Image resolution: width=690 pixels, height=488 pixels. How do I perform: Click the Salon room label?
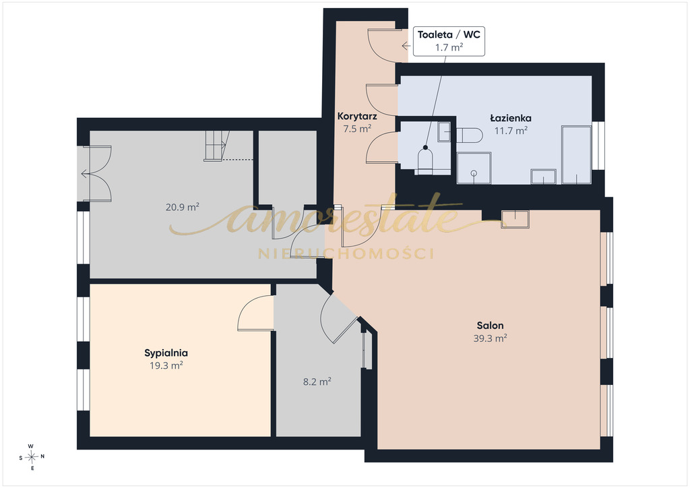coord(490,326)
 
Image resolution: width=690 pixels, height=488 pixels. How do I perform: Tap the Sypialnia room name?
coord(166,353)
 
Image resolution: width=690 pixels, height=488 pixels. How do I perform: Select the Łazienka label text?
coord(511,118)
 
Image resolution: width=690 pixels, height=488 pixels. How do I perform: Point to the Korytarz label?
coord(357,117)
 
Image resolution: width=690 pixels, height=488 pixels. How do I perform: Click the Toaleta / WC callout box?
coord(449,41)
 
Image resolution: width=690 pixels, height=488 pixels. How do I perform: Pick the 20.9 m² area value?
coord(182,207)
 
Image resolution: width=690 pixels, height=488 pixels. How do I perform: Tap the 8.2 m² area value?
coord(317,382)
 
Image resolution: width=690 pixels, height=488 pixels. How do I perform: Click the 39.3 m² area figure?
coord(490,338)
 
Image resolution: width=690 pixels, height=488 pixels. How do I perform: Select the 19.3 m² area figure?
coord(166,365)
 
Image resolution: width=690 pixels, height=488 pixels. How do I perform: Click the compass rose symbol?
coord(32,457)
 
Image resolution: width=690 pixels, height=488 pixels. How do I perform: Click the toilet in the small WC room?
coord(426,160)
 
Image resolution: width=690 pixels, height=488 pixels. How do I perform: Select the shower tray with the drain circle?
coord(474,168)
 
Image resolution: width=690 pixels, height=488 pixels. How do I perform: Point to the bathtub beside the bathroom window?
coord(576,154)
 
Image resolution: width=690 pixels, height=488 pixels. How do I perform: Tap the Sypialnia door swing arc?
coord(255,313)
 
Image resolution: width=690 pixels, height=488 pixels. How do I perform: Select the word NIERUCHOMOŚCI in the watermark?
coord(346,253)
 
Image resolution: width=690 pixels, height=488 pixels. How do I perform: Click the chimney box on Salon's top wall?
coord(515,219)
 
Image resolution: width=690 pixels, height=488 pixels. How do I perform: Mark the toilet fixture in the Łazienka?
coord(469,135)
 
